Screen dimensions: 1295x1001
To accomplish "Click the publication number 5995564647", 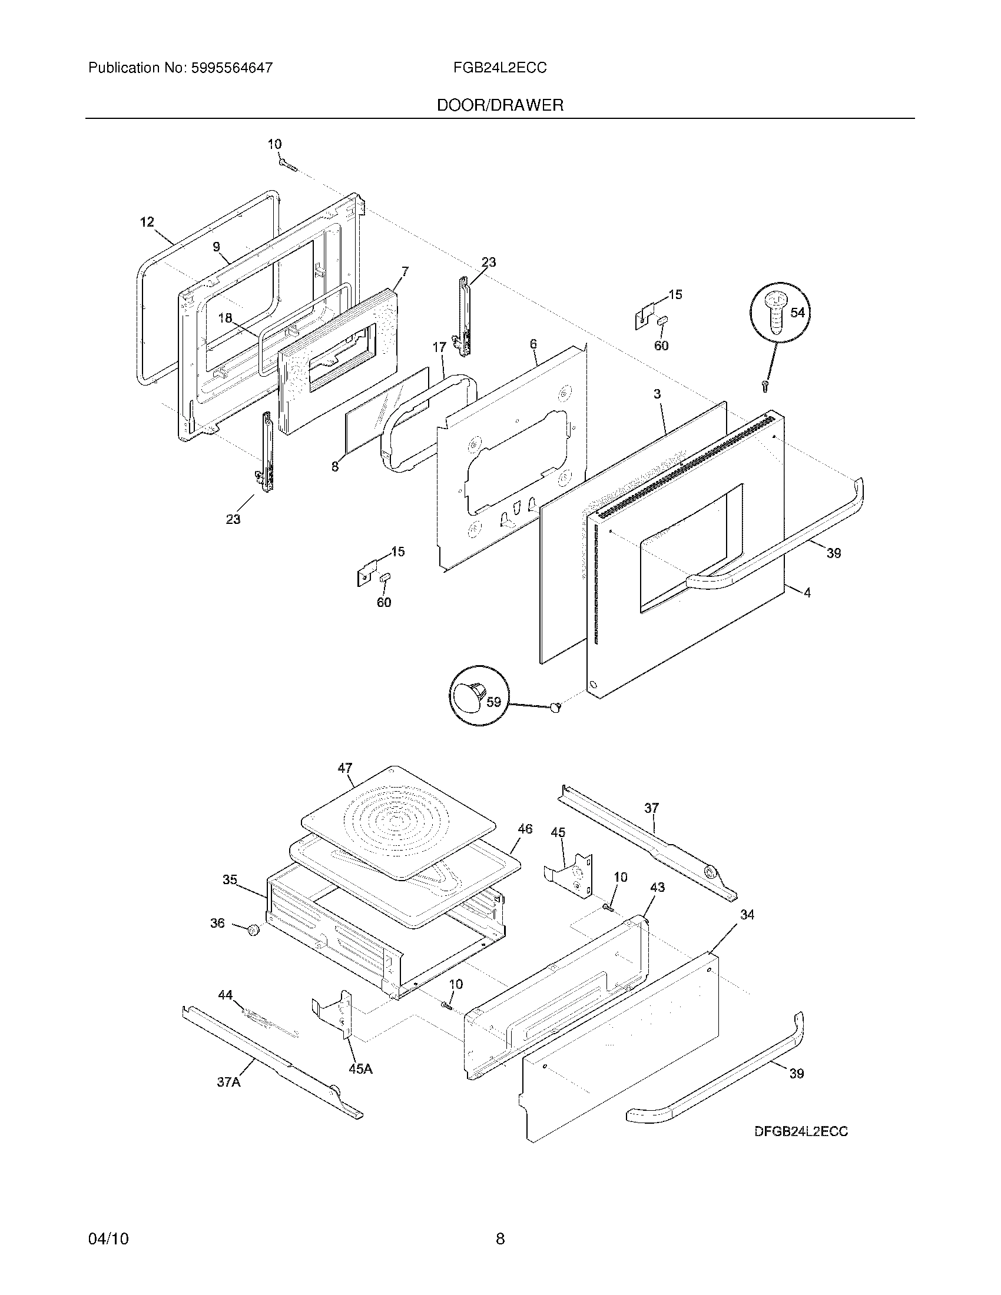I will click(x=232, y=68).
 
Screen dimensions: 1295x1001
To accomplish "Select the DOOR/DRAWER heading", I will click(x=500, y=105).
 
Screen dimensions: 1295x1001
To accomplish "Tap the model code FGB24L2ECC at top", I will click(x=499, y=68).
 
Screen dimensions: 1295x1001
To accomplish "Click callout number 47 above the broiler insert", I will click(x=345, y=768).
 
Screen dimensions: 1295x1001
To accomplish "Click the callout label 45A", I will click(x=360, y=1068).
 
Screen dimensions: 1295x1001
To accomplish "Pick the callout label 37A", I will click(x=228, y=1082).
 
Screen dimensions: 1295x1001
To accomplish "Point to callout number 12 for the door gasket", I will click(x=147, y=222).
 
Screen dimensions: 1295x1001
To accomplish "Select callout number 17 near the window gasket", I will click(x=439, y=347).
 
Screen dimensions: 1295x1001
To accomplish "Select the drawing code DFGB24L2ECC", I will click(x=801, y=1131).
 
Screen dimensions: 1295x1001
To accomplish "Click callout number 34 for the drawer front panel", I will click(x=747, y=915).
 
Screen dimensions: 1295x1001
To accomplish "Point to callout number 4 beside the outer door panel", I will click(x=807, y=592).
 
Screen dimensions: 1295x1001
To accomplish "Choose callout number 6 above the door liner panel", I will click(x=533, y=343).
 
